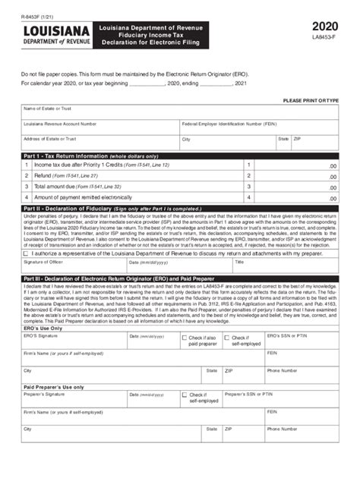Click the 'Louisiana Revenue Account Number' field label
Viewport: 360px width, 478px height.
point(60,123)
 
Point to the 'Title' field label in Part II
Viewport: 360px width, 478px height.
point(239,262)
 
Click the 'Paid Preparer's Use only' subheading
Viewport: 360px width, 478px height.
point(54,386)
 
